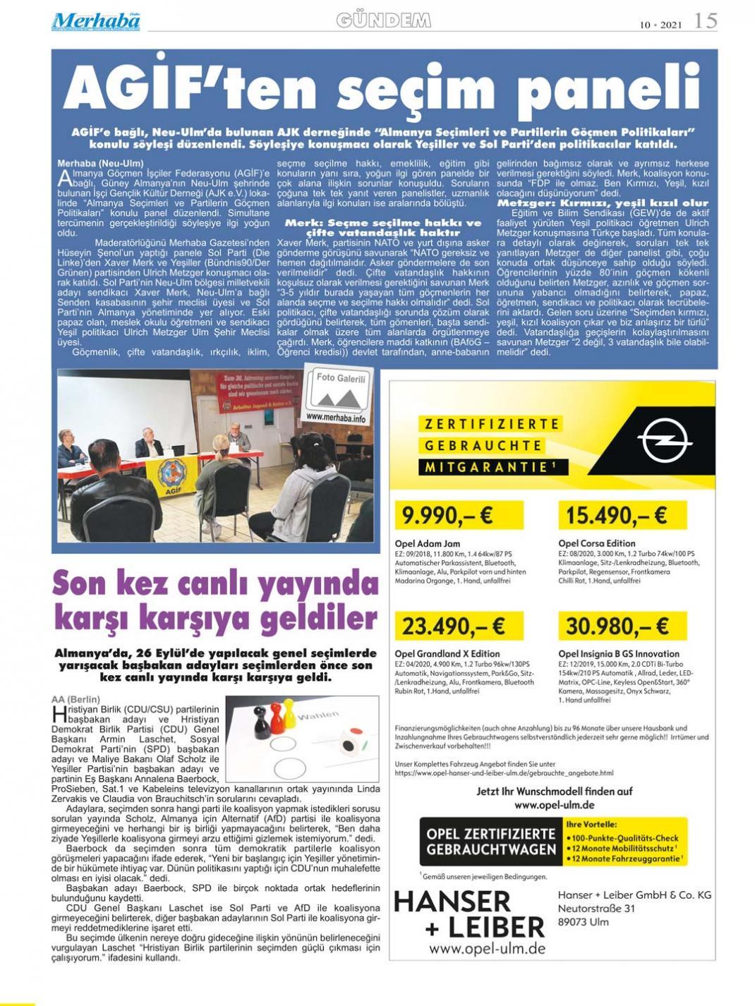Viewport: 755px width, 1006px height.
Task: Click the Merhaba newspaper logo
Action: click(95, 21)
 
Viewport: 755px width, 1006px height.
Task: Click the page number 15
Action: click(705, 20)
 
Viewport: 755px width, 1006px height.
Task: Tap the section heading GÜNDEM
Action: click(383, 20)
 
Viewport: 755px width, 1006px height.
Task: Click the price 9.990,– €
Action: click(447, 516)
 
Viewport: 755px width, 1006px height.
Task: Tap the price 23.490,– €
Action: click(454, 626)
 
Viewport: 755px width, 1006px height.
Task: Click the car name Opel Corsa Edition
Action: click(596, 543)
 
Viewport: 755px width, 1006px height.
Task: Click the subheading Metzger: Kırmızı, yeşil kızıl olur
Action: click(603, 202)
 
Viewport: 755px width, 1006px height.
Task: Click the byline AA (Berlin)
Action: click(75, 699)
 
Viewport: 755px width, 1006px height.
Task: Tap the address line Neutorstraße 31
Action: click(596, 909)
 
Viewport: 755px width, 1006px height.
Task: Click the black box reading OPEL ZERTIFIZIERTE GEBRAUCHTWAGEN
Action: click(491, 842)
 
